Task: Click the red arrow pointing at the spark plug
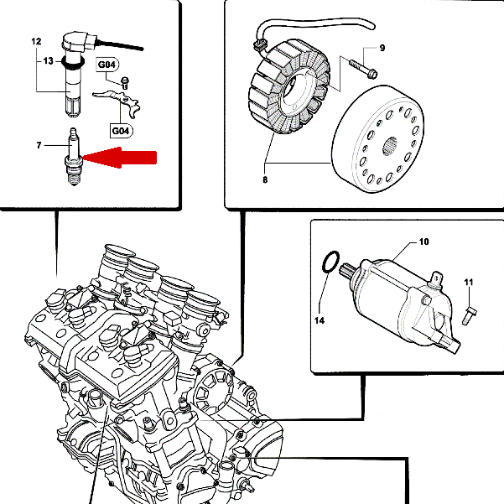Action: coord(120,158)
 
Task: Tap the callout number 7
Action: coord(39,146)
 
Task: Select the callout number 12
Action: coord(36,41)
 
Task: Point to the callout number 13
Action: coord(48,60)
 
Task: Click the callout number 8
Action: coord(265,180)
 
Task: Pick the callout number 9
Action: coord(382,48)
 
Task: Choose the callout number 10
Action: coord(424,242)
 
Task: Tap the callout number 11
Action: coord(469,283)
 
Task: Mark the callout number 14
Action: coord(320,320)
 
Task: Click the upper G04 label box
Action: coord(107,65)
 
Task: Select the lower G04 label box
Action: coord(122,131)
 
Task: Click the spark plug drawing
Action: coord(74,157)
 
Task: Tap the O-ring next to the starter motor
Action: coord(330,262)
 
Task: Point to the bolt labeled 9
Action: coord(363,69)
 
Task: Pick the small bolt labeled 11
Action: coord(470,315)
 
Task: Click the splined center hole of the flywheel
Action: coord(390,146)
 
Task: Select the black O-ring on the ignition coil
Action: coord(74,62)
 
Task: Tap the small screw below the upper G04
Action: coord(125,83)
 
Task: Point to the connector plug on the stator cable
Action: coord(260,44)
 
